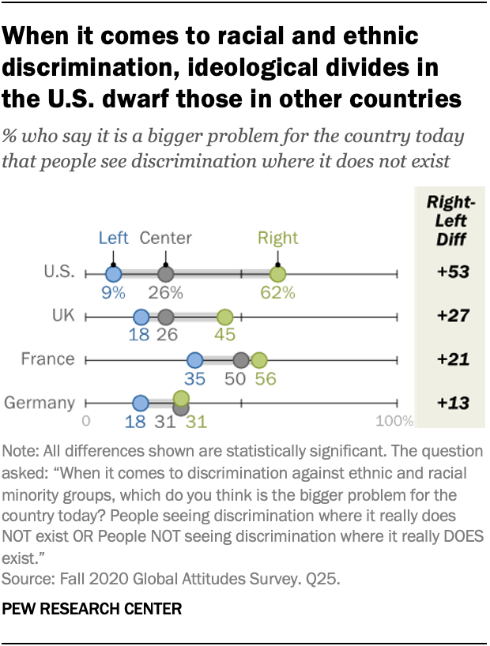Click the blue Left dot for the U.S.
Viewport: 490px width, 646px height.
pyautogui.click(x=113, y=275)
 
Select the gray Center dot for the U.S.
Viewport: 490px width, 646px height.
pyautogui.click(x=165, y=275)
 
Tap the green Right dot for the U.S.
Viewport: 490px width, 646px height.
pyautogui.click(x=277, y=275)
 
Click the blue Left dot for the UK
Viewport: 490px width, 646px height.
pyautogui.click(x=141, y=317)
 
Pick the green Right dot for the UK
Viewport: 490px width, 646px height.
pyautogui.click(x=225, y=317)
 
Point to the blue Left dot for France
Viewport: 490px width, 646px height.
pyautogui.click(x=194, y=361)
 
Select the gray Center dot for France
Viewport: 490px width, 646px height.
pyautogui.click(x=242, y=361)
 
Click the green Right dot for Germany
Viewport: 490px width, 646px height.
pyautogui.click(x=181, y=398)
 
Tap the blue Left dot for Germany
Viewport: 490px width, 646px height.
pyautogui.click(x=141, y=404)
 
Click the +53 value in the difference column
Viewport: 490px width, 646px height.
pyautogui.click(x=453, y=273)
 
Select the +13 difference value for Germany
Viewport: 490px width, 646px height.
pyautogui.click(x=453, y=403)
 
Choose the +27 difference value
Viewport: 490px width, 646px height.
pyautogui.click(x=453, y=317)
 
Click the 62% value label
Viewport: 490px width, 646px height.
pyautogui.click(x=278, y=293)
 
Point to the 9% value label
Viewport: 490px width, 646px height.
pyautogui.click(x=113, y=293)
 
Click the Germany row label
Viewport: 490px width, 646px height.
pyautogui.click(x=40, y=403)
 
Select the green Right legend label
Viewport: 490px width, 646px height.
pyautogui.click(x=277, y=238)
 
